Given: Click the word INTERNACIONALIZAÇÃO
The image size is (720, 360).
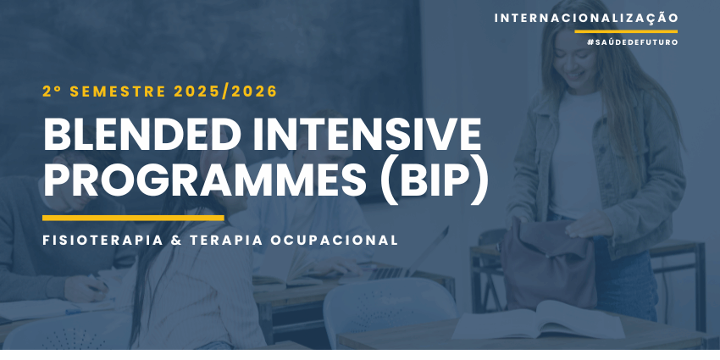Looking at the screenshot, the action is click(x=586, y=19).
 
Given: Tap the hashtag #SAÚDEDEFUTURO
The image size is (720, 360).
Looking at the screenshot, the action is click(x=632, y=42).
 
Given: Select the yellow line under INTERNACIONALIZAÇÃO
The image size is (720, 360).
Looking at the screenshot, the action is click(x=626, y=31).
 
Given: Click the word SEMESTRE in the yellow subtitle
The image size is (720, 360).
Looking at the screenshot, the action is click(x=118, y=91).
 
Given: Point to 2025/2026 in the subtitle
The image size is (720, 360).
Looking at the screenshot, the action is click(x=225, y=91).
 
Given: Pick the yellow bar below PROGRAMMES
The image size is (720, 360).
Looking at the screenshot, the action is click(x=133, y=218).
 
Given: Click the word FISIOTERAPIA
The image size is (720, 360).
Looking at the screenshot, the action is click(x=102, y=241).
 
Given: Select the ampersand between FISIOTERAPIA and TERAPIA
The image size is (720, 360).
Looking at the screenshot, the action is click(x=176, y=241).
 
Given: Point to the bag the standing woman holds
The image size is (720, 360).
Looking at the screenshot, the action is click(x=548, y=263).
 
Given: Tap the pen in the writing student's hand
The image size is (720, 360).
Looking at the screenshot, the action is click(x=100, y=282).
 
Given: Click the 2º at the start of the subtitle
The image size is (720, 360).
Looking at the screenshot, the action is click(x=53, y=91).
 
